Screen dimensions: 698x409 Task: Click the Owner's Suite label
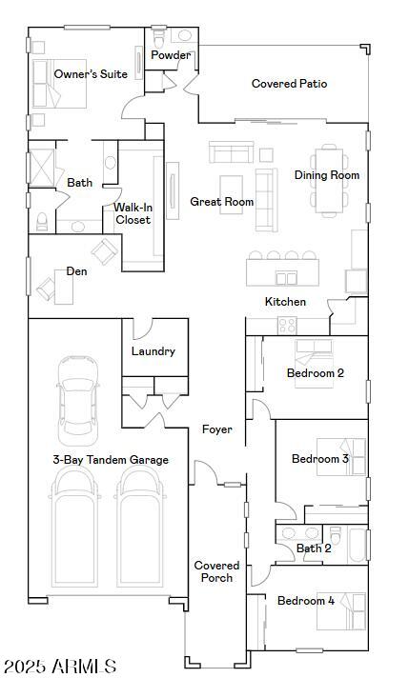pyautogui.click(x=91, y=74)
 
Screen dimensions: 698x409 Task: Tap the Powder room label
pyautogui.click(x=171, y=55)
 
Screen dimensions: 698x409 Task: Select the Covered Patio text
pyautogui.click(x=289, y=84)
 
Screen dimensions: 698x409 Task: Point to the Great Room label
pyautogui.click(x=221, y=202)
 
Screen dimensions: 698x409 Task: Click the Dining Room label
pyautogui.click(x=326, y=175)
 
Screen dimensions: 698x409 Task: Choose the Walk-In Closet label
pyautogui.click(x=133, y=213)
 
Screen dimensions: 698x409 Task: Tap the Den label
pyautogui.click(x=76, y=271)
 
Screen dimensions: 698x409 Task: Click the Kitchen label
pyautogui.click(x=285, y=302)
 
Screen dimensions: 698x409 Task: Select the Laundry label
pyautogui.click(x=153, y=351)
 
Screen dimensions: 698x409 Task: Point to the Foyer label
pyautogui.click(x=216, y=429)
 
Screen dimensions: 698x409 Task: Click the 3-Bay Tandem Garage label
pyautogui.click(x=110, y=460)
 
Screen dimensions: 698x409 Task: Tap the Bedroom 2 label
pyautogui.click(x=315, y=373)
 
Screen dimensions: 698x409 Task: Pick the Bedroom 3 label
pyautogui.click(x=319, y=459)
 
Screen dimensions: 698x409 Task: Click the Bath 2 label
pyautogui.click(x=314, y=548)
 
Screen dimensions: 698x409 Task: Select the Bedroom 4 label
pyautogui.click(x=305, y=601)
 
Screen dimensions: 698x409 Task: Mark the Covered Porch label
pyautogui.click(x=216, y=571)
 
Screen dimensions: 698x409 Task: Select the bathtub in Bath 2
pyautogui.click(x=357, y=546)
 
